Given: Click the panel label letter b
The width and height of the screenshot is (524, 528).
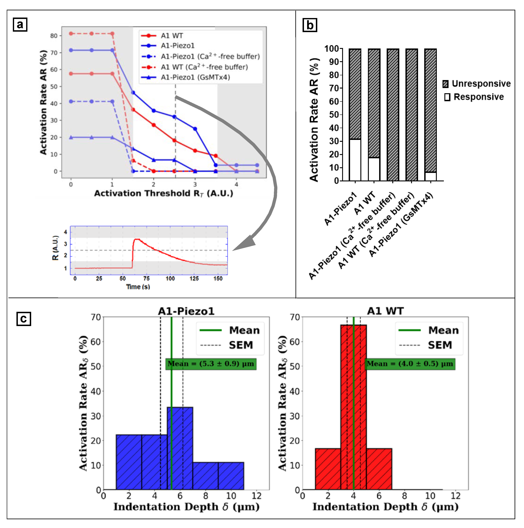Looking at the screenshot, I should tap(310, 25).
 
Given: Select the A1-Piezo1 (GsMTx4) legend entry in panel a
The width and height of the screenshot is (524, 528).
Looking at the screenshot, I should tap(195, 77).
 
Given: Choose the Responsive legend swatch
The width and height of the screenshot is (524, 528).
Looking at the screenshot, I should tap(447, 97).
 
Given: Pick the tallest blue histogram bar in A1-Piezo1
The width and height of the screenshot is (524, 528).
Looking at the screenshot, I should tap(180, 448).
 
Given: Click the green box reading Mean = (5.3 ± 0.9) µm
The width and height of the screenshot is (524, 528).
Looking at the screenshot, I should tap(211, 364).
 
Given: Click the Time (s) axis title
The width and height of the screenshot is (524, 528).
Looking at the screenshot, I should tap(138, 287).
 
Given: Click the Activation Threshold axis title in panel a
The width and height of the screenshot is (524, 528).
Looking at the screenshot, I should tap(163, 193).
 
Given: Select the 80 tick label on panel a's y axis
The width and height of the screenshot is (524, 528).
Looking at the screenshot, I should tap(54, 36).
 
